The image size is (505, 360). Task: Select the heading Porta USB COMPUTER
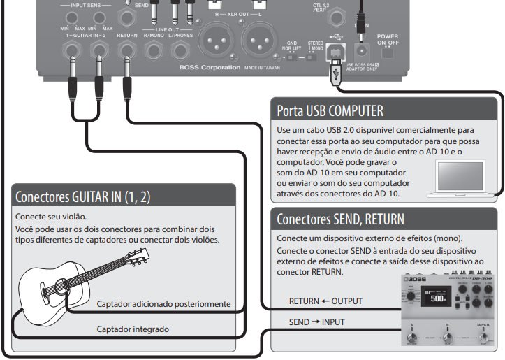[x=330, y=110]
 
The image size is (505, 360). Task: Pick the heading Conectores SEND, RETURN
[x=340, y=219]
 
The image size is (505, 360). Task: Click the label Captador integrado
[x=133, y=328]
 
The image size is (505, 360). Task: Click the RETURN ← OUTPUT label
[x=326, y=301]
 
